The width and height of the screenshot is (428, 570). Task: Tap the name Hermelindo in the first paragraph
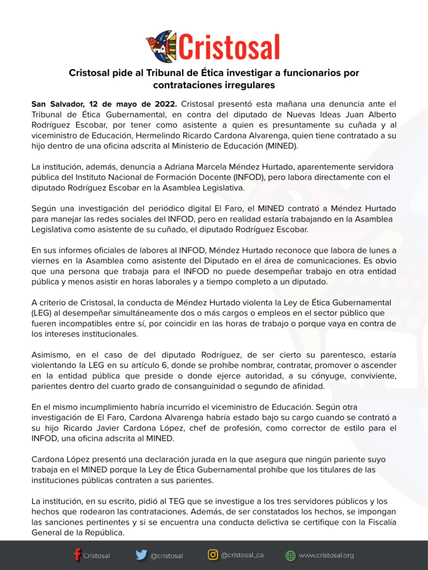pos(177,136)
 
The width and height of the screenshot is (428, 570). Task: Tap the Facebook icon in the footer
pos(77,555)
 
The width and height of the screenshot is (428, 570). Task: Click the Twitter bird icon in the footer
pos(142,555)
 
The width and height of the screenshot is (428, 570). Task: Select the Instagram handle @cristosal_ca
pos(242,555)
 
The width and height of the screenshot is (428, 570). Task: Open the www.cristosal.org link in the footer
pos(326,555)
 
